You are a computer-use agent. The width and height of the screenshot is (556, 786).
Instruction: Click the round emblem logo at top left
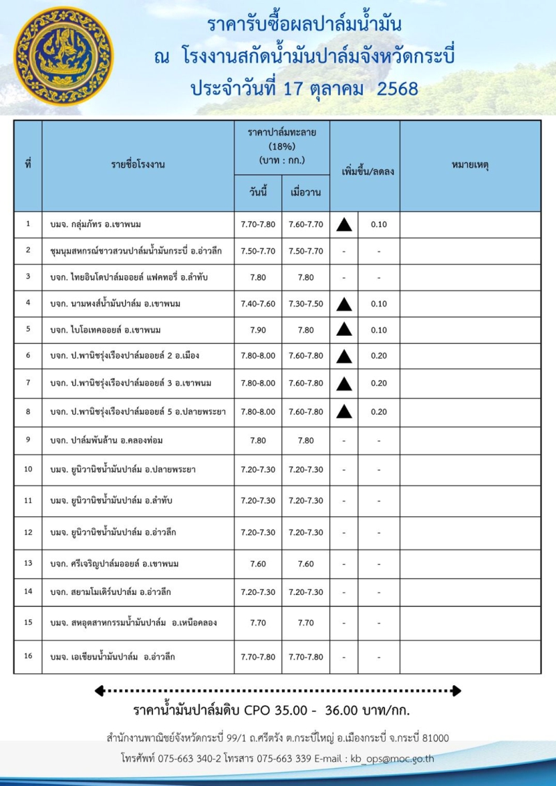coord(63,56)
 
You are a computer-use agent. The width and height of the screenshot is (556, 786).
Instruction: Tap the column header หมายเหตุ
coord(470,165)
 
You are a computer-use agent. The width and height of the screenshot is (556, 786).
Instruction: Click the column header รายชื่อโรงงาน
coord(138,165)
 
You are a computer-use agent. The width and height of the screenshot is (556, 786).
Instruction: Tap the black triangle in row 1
coord(343,224)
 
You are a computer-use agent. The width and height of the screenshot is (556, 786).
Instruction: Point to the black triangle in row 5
coord(343,329)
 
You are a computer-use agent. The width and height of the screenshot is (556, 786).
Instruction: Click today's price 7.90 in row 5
coord(258,329)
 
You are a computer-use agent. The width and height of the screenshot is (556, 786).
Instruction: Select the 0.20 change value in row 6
coord(379,356)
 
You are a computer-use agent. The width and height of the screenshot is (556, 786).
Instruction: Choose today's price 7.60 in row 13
coord(258,564)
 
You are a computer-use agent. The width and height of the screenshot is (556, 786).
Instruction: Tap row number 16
coord(28,656)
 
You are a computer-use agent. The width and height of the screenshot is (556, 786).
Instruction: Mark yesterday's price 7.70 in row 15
coord(306,623)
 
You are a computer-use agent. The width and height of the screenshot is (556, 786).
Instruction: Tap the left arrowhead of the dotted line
coord(99,691)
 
